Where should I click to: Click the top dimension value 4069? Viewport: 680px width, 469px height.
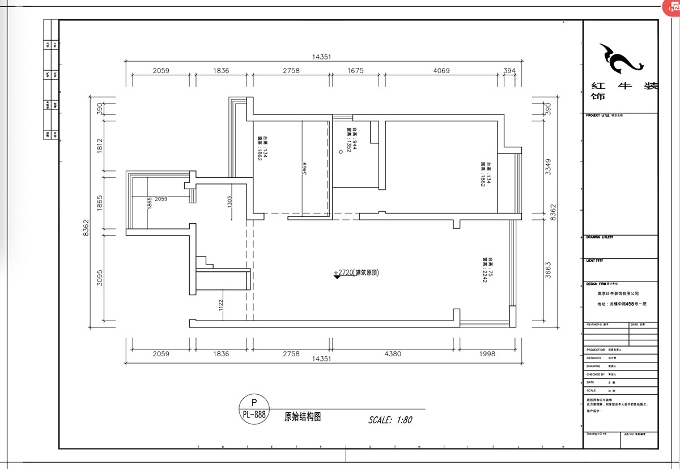coord(441,71)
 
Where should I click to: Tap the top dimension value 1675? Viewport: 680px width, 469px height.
coord(355,71)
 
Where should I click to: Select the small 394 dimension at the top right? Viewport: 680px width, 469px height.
coord(510,71)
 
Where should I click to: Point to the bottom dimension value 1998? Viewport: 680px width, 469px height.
coord(486,353)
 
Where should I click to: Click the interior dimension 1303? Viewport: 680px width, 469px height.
coord(229,202)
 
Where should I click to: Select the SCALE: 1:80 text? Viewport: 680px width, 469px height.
coord(390,420)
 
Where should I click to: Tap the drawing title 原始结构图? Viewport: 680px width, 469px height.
coord(303,416)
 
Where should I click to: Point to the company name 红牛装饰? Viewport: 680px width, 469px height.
coord(623,91)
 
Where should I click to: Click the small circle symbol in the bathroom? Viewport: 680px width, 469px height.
coord(341,151)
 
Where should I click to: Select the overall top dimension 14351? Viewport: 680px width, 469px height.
coord(321,57)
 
